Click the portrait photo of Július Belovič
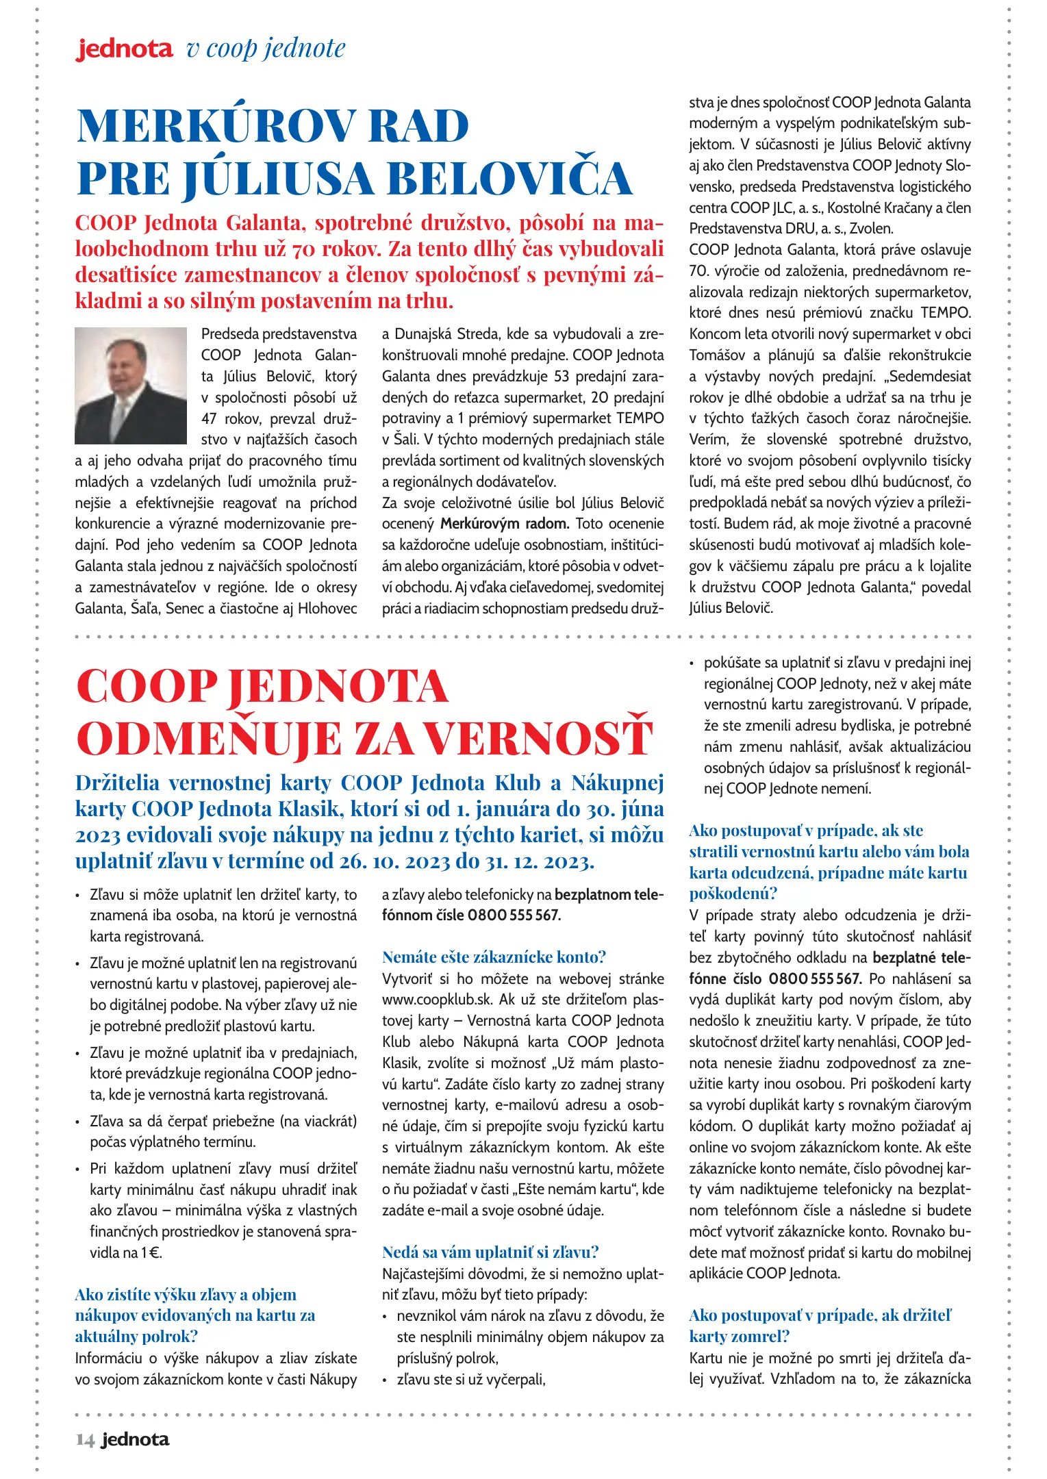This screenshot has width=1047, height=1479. click(130, 385)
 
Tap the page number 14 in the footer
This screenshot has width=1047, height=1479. click(85, 1439)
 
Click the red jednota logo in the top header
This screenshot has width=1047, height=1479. click(124, 49)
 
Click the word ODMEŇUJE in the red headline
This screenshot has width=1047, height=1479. click(208, 739)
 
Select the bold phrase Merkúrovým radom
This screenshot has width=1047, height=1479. click(504, 524)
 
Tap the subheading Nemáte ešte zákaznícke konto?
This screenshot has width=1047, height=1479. click(494, 957)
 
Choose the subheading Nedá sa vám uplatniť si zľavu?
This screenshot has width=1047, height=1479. click(490, 1252)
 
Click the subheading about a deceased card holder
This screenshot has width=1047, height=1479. click(820, 1326)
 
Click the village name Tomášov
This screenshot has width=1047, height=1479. click(716, 355)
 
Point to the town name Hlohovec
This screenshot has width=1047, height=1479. click(327, 608)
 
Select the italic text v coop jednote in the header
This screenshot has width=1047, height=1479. click(266, 49)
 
